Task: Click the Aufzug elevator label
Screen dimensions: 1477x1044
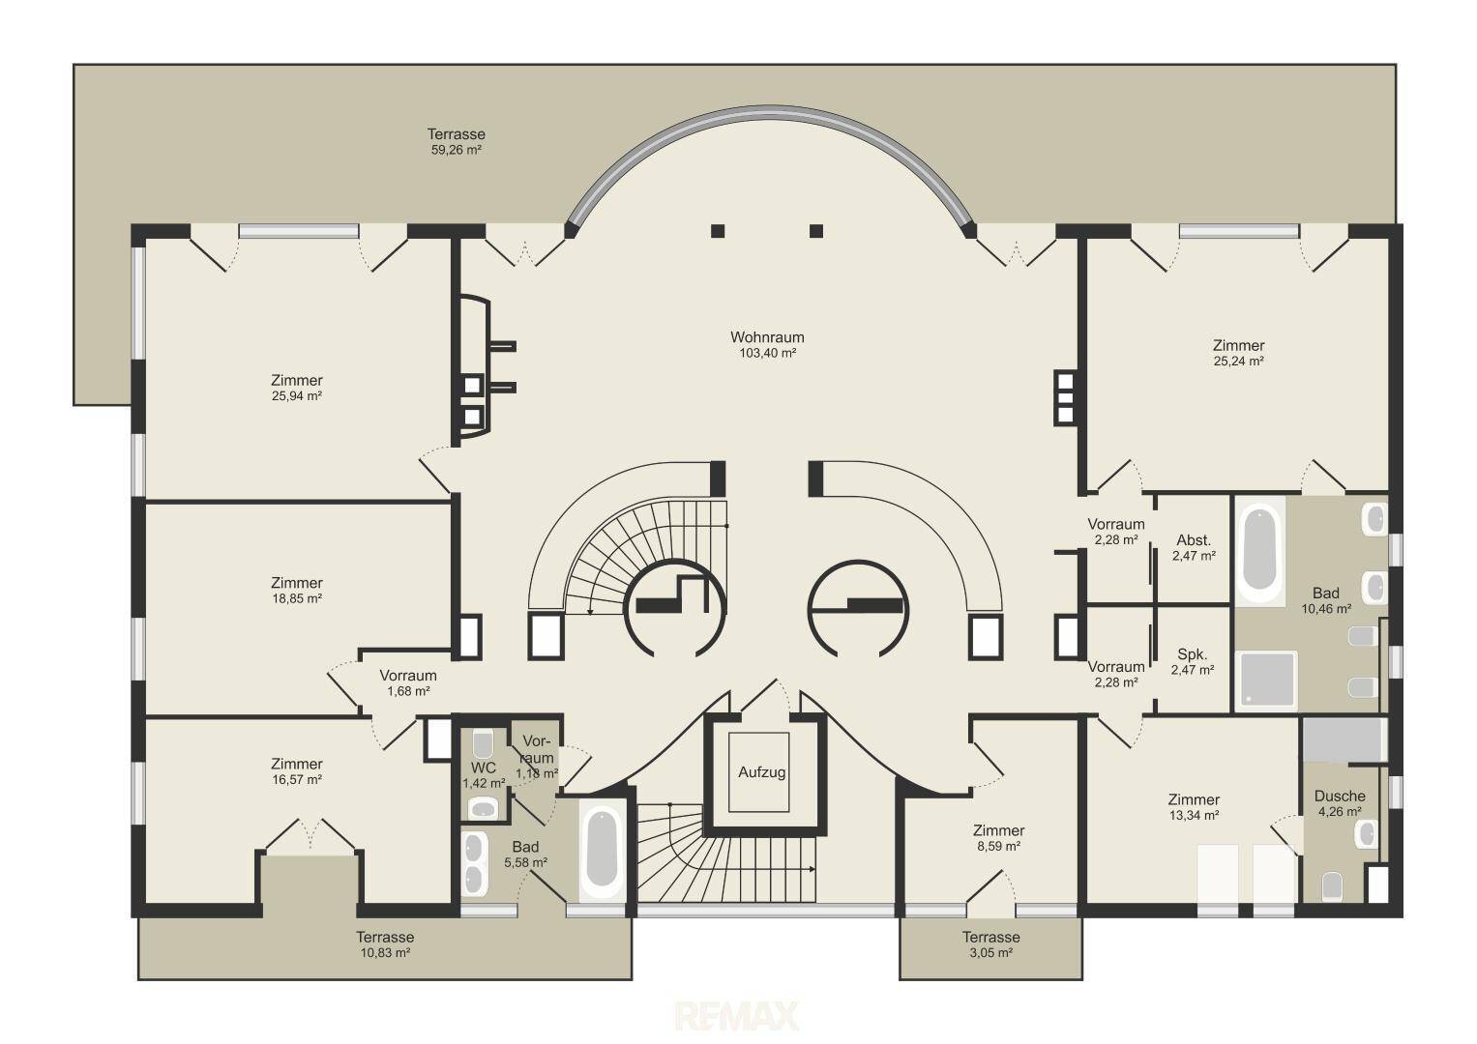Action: tap(761, 771)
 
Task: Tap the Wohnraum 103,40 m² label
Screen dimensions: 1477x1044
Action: tap(767, 345)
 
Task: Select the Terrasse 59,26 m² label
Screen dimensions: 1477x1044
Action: tap(457, 142)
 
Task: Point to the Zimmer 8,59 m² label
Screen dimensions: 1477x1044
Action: tap(998, 838)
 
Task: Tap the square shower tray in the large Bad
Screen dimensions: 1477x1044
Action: tap(1266, 681)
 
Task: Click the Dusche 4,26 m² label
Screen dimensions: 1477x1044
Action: tap(1340, 803)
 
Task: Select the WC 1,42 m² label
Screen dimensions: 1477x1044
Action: tap(484, 775)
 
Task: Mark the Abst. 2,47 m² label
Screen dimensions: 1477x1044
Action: tap(1194, 548)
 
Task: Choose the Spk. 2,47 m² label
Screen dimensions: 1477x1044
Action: tap(1193, 662)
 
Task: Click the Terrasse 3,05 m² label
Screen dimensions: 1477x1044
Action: tap(991, 944)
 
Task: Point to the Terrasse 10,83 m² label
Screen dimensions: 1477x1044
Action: tap(385, 944)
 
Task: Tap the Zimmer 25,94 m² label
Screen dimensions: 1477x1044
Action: tap(297, 388)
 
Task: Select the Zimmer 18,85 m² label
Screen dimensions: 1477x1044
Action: tap(297, 590)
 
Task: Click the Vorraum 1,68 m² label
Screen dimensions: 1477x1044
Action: tap(408, 682)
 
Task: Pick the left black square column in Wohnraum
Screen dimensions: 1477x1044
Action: tap(718, 231)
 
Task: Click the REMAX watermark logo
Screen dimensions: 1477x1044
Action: tap(736, 1016)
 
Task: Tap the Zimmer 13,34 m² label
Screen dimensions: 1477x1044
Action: tap(1194, 807)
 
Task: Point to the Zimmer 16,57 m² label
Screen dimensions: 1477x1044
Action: tap(297, 771)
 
